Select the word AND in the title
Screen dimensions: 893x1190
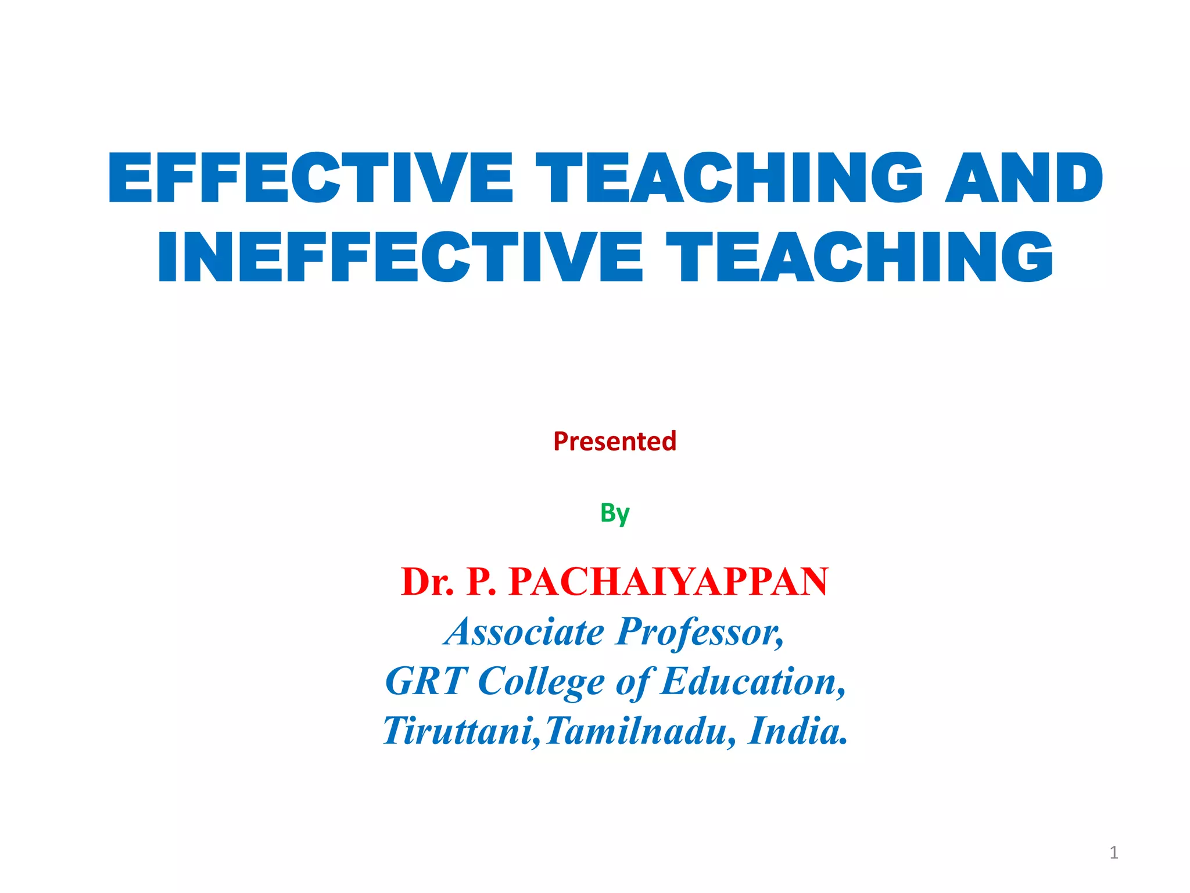tap(1024, 178)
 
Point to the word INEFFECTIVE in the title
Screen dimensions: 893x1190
tap(400, 257)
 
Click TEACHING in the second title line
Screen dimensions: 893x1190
tap(860, 257)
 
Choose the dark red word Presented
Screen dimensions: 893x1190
tap(615, 441)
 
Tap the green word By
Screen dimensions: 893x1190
tap(615, 513)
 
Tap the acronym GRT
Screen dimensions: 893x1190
tap(426, 681)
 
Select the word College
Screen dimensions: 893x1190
tap(541, 681)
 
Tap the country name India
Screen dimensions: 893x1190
tap(798, 731)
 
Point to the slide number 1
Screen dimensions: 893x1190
tap(1113, 852)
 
